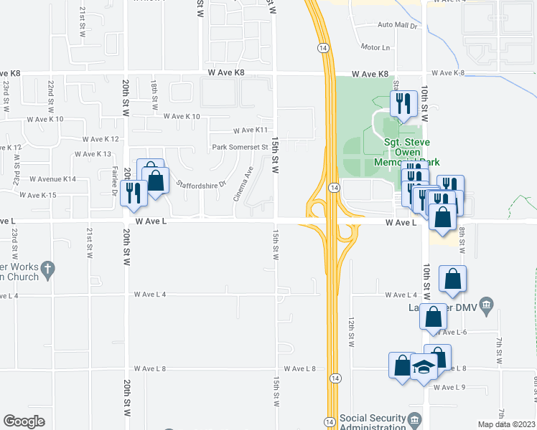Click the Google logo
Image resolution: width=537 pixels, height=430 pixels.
tap(24, 421)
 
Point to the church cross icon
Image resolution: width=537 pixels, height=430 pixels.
tap(47, 270)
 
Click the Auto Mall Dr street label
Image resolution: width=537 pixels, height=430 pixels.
tap(398, 25)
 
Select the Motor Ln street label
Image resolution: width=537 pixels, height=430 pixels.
tap(375, 47)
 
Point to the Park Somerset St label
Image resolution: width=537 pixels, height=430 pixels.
tap(240, 148)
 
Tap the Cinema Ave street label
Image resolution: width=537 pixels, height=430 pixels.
tap(243, 183)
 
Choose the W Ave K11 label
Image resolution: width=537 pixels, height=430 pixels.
tap(250, 130)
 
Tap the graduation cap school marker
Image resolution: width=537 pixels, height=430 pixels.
tap(424, 368)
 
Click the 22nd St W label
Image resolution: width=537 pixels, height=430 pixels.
tap(52, 95)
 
